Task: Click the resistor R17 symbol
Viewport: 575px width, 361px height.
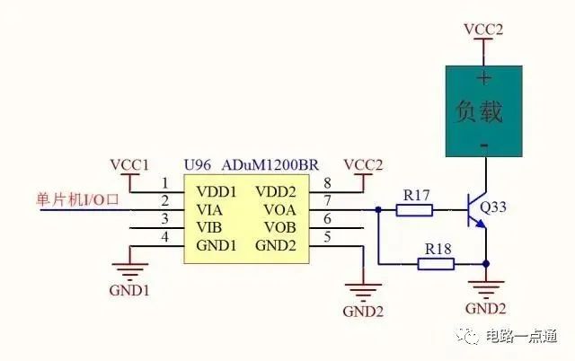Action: pyautogui.click(x=414, y=210)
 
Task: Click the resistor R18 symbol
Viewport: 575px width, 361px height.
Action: pyautogui.click(x=436, y=264)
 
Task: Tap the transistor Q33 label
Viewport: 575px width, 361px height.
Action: pyautogui.click(x=493, y=207)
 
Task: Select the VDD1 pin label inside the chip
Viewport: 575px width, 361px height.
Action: pyautogui.click(x=217, y=191)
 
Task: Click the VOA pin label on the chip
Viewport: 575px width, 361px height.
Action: pyautogui.click(x=279, y=209)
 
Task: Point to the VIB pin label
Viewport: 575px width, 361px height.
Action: pyautogui.click(x=209, y=227)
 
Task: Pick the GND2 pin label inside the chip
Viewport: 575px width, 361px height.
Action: pyautogui.click(x=276, y=245)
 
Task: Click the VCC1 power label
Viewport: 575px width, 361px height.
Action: pyautogui.click(x=129, y=165)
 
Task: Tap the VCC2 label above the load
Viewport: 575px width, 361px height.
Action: pyautogui.click(x=483, y=30)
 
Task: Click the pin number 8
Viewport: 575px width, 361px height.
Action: pyautogui.click(x=327, y=183)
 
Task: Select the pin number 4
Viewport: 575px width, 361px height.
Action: pyautogui.click(x=164, y=237)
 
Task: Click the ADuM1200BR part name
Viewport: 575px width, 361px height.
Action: pyautogui.click(x=270, y=165)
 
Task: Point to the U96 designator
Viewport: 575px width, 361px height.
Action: pyautogui.click(x=198, y=165)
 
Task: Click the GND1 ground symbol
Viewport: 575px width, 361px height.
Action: pyautogui.click(x=129, y=269)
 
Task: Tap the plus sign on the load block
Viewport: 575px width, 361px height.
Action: pyautogui.click(x=484, y=78)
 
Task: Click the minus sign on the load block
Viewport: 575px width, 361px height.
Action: pyautogui.click(x=484, y=145)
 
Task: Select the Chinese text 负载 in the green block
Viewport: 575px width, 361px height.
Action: pyautogui.click(x=479, y=111)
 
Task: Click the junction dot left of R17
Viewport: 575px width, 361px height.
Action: pyautogui.click(x=378, y=210)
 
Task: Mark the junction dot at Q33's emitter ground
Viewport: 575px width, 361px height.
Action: pyautogui.click(x=486, y=263)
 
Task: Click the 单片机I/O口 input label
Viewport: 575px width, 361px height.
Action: pyautogui.click(x=77, y=199)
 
